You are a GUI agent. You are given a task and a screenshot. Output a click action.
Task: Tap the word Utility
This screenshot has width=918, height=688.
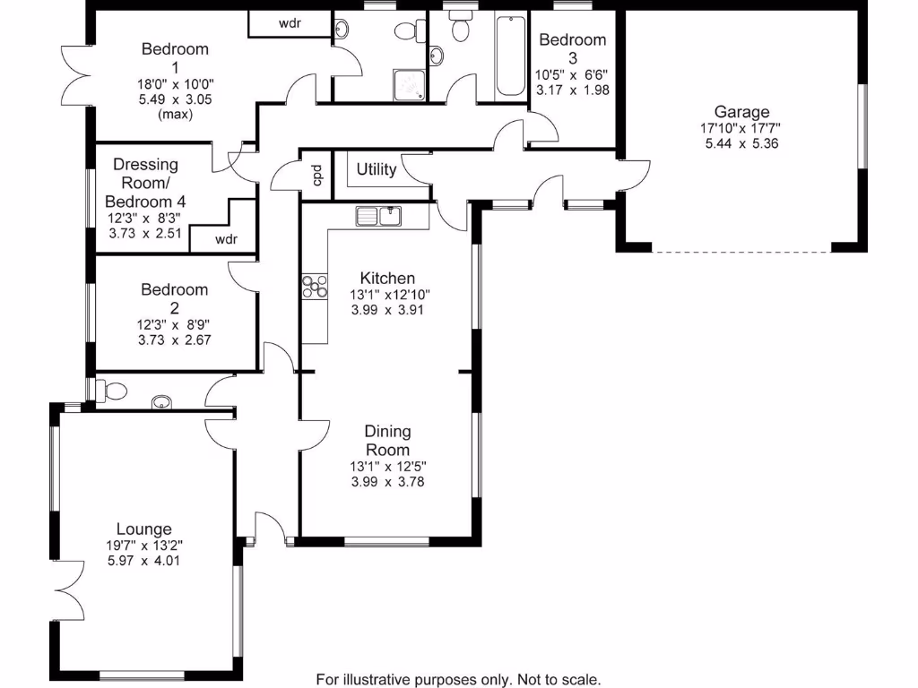(377, 169)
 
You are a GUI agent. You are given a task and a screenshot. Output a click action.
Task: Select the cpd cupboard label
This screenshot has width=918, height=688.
(316, 176)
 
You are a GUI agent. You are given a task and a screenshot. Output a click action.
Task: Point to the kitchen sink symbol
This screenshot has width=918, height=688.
(379, 216)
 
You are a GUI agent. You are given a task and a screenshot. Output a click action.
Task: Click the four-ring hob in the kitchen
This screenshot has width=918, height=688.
(314, 286)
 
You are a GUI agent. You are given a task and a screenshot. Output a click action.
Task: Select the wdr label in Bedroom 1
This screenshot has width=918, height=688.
(290, 24)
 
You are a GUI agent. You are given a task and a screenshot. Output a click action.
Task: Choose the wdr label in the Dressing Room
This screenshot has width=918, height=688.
(225, 239)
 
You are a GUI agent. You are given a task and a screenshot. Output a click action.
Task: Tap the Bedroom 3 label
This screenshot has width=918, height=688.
(572, 48)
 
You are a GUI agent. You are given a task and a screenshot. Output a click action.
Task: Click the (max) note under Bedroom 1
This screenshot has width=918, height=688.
(175, 114)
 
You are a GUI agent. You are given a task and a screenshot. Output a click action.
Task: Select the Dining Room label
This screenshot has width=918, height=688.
(387, 442)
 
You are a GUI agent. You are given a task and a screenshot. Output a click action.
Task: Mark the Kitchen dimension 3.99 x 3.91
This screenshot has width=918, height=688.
(387, 310)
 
